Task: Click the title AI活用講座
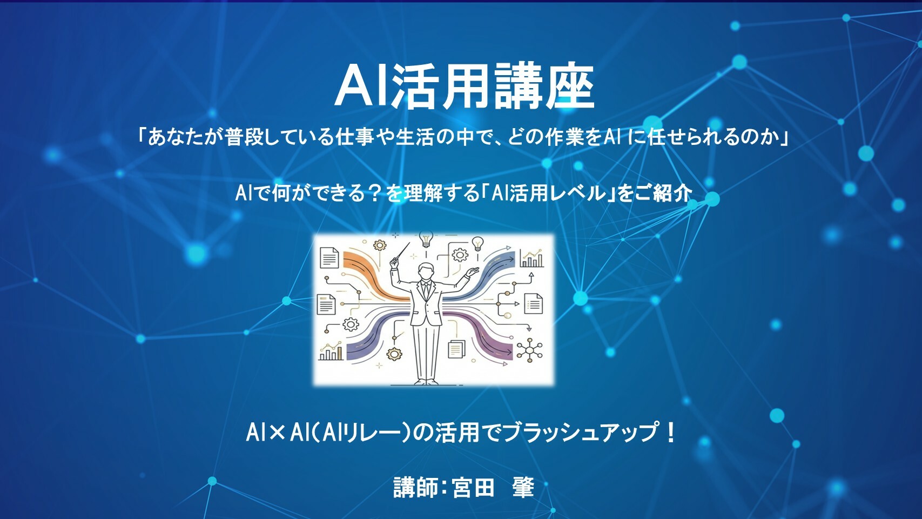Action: tap(465, 86)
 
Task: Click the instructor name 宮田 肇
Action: tap(494, 487)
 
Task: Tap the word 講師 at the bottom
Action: tap(415, 487)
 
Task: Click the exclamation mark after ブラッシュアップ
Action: tap(670, 432)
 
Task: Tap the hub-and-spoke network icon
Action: tap(529, 350)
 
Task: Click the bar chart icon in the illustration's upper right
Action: tap(531, 258)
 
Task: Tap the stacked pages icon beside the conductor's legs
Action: tap(456, 349)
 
